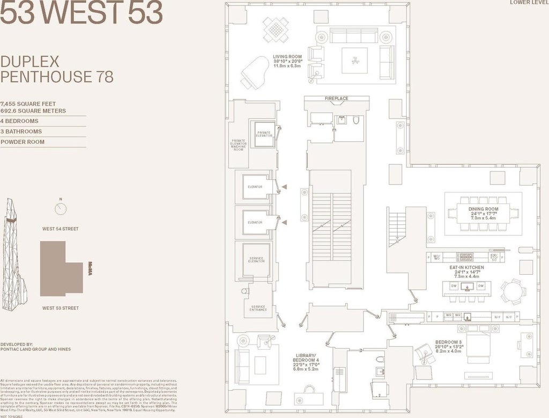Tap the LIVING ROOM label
click(x=287, y=56)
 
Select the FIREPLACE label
click(x=336, y=99)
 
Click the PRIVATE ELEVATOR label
click(x=264, y=134)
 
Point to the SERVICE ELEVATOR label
click(x=256, y=260)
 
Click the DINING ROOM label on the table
click(x=483, y=209)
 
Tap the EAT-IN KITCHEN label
click(x=466, y=267)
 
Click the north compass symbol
click(x=61, y=208)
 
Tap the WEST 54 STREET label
click(x=60, y=229)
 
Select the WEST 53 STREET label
click(x=60, y=308)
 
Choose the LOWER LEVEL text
click(x=528, y=3)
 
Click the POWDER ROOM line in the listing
click(x=23, y=142)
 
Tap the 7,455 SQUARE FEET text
click(x=28, y=104)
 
